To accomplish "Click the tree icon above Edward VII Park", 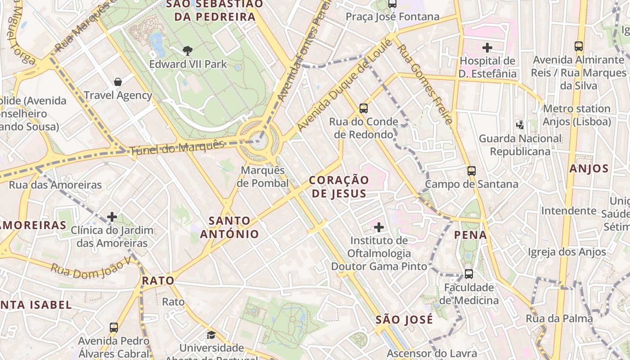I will click(188, 51).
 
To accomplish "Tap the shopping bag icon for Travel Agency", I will click(118, 82).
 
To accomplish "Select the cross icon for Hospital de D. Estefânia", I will click(487, 47).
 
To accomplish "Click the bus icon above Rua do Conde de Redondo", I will click(364, 108).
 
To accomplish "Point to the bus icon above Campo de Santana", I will click(472, 171).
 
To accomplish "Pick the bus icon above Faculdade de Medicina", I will click(469, 274).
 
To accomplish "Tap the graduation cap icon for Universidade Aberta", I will click(211, 335).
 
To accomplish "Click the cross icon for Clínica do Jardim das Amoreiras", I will click(112, 217).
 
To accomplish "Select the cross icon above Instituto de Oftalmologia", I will click(379, 227).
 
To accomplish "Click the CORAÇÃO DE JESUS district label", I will click(339, 187).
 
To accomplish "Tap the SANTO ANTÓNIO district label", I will click(229, 227).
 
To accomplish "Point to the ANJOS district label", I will click(589, 169).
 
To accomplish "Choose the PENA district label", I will click(471, 234).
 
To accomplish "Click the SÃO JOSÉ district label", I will click(404, 319).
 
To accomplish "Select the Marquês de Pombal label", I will click(263, 177).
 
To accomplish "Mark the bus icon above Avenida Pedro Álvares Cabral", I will click(114, 328).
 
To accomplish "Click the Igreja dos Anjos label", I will click(567, 252).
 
